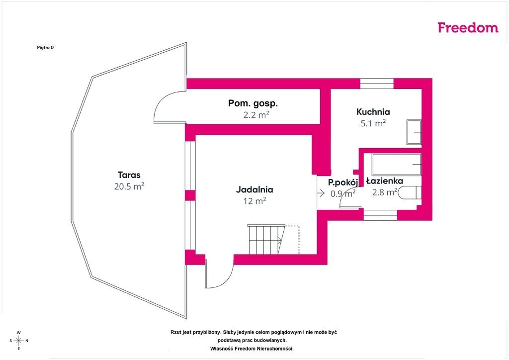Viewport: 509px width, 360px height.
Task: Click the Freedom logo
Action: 468,27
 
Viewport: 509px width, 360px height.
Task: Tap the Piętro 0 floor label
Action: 45,47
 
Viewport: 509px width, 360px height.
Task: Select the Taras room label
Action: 129,175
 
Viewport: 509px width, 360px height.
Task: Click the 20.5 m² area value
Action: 129,186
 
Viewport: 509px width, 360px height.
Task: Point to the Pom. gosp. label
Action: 253,103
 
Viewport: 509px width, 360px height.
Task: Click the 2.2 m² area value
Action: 256,114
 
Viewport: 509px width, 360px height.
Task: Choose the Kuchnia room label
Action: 373,112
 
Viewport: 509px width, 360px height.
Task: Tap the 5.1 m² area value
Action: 373,123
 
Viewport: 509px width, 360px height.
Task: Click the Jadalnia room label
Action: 254,189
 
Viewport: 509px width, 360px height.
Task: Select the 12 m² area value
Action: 255,201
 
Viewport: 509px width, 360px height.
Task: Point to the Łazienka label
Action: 385,181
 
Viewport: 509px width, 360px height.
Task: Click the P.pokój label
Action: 343,182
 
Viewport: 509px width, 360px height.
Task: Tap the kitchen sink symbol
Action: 414,132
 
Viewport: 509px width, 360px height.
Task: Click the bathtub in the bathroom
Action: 397,165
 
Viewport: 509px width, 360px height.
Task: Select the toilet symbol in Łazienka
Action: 410,192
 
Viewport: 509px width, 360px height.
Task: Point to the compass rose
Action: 19,341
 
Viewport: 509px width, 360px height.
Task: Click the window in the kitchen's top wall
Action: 377,84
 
